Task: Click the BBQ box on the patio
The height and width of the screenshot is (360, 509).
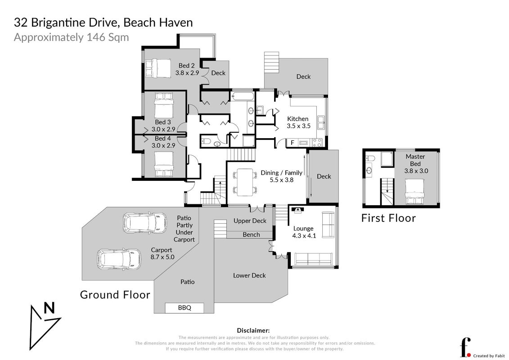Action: (185, 308)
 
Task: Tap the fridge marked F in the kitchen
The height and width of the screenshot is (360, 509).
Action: (292, 143)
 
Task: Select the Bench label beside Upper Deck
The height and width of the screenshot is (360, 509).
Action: (251, 234)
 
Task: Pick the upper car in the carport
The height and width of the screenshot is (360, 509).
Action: (145, 223)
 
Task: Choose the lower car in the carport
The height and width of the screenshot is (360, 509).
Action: (119, 259)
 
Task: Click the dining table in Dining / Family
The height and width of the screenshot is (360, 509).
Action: (245, 182)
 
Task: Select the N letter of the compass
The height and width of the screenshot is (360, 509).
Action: (49, 308)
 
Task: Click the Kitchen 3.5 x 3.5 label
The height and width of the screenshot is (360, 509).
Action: (298, 122)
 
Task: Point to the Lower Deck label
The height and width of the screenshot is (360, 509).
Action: (249, 275)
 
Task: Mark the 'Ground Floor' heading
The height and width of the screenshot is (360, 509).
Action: (115, 295)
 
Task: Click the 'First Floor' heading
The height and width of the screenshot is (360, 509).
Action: (388, 218)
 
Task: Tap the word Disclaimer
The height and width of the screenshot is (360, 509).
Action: (253, 330)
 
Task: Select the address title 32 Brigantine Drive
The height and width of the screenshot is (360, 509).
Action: (103, 22)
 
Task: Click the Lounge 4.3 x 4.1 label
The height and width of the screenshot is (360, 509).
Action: (304, 232)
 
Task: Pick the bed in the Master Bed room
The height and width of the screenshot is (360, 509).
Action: (414, 192)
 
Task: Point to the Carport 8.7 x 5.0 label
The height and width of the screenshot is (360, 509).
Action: (162, 253)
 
